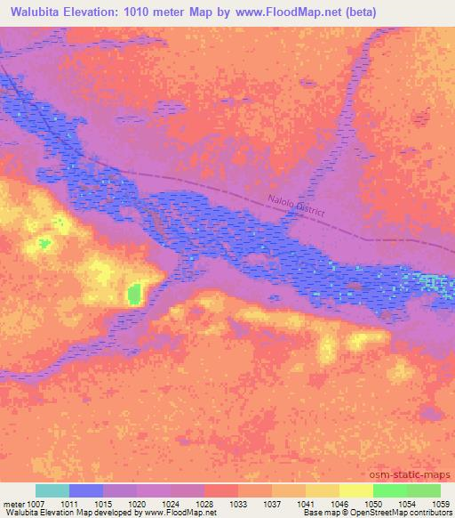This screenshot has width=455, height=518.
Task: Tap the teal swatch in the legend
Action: click(x=52, y=490)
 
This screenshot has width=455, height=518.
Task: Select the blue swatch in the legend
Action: click(x=86, y=490)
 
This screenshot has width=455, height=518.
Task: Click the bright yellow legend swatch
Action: click(x=355, y=490)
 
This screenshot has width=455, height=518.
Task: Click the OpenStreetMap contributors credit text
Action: click(x=403, y=514)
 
